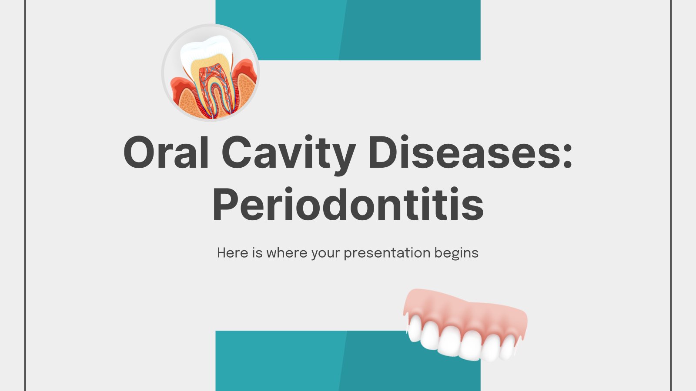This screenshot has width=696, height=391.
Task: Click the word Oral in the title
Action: click(166, 152)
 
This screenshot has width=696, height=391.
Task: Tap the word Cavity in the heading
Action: click(289, 155)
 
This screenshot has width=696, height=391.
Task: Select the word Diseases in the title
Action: click(463, 152)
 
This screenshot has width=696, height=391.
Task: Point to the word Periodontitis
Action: click(348, 204)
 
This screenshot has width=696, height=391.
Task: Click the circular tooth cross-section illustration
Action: click(211, 73)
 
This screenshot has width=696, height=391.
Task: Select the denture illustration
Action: click(465, 325)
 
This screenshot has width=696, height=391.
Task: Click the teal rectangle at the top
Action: click(348, 30)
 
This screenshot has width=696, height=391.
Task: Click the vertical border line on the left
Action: click(25, 195)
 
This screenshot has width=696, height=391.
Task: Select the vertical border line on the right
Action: click(671, 195)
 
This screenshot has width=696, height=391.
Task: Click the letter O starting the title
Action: click(139, 152)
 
